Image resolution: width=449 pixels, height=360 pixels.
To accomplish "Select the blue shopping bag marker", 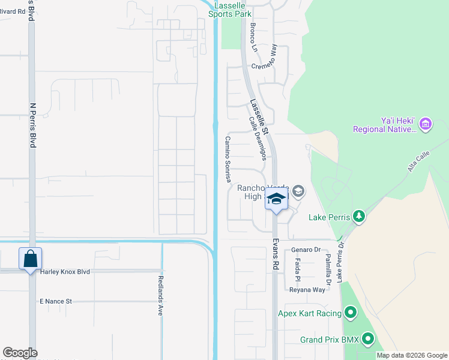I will (x=31, y=260).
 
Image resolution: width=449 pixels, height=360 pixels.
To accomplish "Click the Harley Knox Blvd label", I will (x=65, y=272).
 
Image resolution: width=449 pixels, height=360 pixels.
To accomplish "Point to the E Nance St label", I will (x=56, y=301).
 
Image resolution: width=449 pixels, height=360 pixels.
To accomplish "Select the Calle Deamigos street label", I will (x=258, y=139).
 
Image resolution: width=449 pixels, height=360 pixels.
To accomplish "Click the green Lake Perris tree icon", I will (x=359, y=216).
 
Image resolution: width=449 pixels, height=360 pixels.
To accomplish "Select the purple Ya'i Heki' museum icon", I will (x=426, y=124).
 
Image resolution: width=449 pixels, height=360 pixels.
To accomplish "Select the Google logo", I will (x=20, y=353).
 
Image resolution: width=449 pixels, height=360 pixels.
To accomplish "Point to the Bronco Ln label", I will (x=253, y=37).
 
